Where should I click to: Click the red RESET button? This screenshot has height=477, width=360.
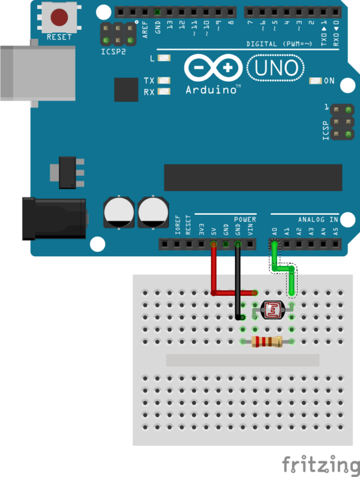click(59, 17)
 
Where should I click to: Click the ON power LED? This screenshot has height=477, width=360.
click(314, 81)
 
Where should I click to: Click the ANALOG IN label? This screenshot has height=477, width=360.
click(318, 220)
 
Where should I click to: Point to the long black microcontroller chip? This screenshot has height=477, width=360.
click(253, 178)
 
